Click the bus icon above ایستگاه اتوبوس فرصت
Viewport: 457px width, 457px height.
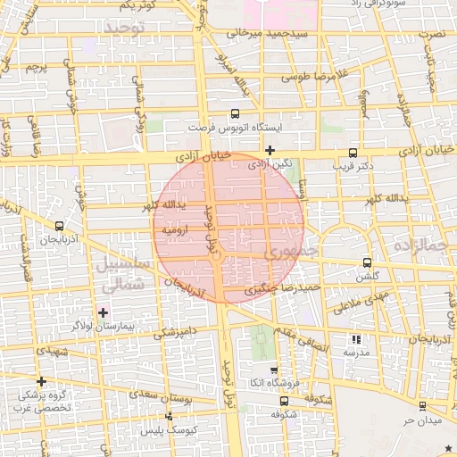point(235,113)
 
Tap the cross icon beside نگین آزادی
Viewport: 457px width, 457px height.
point(270,150)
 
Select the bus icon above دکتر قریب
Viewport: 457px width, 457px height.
point(353,152)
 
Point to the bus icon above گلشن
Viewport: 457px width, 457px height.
point(367,262)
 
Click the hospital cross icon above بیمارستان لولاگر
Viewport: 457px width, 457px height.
point(103,312)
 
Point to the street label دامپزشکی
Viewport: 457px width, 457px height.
point(173,333)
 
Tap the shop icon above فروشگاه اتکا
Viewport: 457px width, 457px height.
point(274,370)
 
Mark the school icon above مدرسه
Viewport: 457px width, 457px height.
point(356,339)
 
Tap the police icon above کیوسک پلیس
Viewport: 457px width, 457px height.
point(170,417)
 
